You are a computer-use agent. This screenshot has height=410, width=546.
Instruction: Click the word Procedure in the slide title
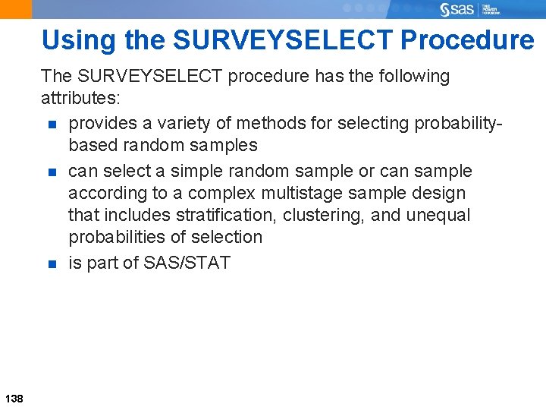tap(467, 39)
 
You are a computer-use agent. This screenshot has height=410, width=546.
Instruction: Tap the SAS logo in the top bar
tap(457, 9)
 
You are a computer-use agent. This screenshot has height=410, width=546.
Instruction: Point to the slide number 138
tap(14, 398)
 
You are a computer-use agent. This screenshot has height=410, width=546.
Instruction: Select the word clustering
tap(324, 215)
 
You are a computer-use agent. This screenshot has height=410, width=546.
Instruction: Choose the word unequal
tap(438, 215)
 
